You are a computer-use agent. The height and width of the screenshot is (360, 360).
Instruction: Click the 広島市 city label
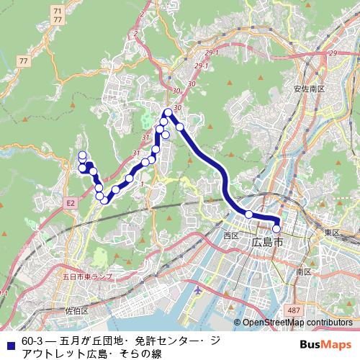pyautogui.click(x=268, y=243)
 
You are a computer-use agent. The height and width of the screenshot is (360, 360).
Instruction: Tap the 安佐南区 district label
pyautogui.click(x=310, y=89)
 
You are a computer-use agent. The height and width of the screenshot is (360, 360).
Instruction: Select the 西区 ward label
pyautogui.click(x=230, y=235)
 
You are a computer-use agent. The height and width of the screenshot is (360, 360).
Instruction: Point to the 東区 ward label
pyautogui.click(x=331, y=233)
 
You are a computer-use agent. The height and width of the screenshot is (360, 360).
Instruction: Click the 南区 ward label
pyautogui.click(x=303, y=271)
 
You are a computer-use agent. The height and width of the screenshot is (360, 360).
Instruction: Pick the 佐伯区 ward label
pyautogui.click(x=76, y=311)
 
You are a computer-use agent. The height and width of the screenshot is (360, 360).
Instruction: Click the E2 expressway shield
pyautogui.click(x=71, y=204)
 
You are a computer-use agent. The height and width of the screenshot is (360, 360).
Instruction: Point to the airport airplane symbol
pyautogui.click(x=199, y=291)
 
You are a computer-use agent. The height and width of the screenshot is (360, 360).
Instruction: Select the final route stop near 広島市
pyautogui.click(x=276, y=230)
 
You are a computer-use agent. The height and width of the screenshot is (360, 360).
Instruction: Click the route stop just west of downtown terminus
pyautogui.click(x=249, y=214)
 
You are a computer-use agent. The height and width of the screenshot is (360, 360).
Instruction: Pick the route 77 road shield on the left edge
pyautogui.click(x=26, y=61)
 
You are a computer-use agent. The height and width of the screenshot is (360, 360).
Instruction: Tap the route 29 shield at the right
pyautogui.click(x=332, y=53)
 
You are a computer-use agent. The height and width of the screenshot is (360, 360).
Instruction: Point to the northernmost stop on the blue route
pyautogui.click(x=168, y=112)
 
